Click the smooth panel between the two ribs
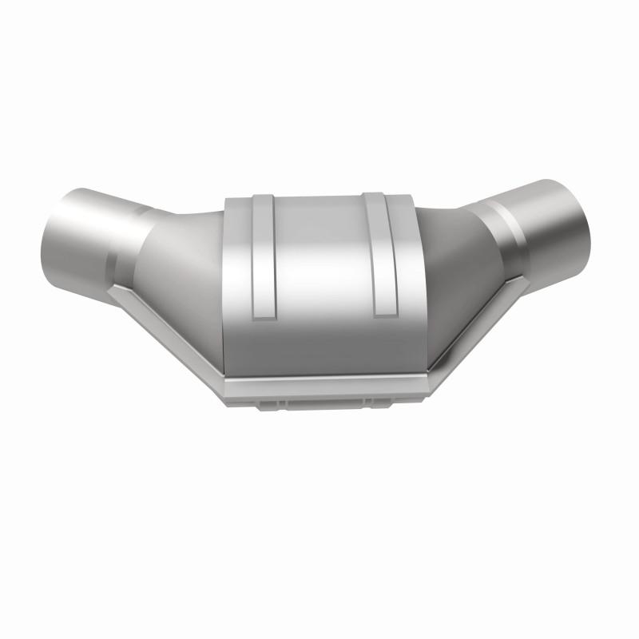point(319,264)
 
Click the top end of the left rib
point(260,196)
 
